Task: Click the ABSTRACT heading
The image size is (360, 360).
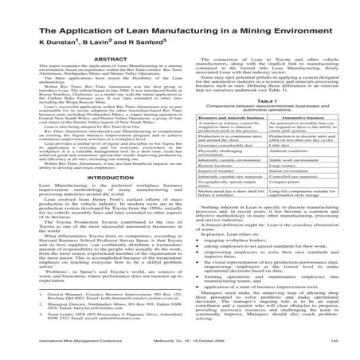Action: [96, 57]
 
